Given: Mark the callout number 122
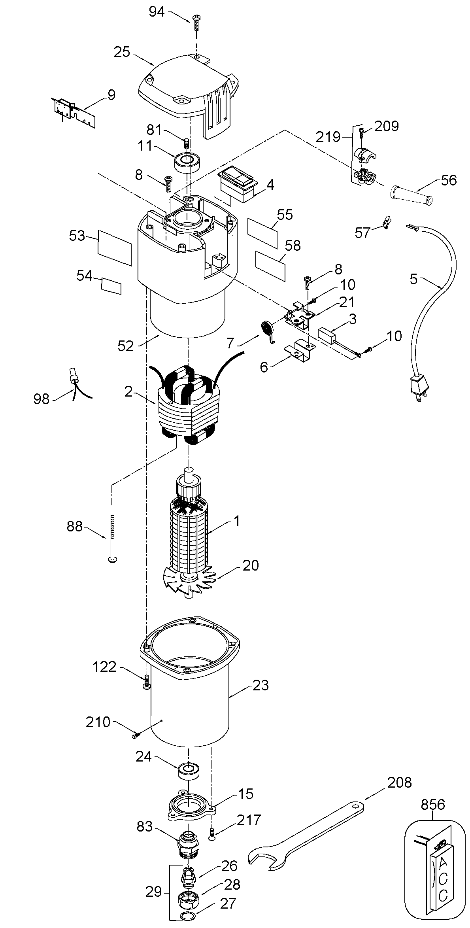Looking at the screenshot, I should click(x=104, y=667).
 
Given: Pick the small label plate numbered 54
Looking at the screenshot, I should click(x=111, y=285).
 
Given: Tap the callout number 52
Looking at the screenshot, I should click(x=126, y=346).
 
